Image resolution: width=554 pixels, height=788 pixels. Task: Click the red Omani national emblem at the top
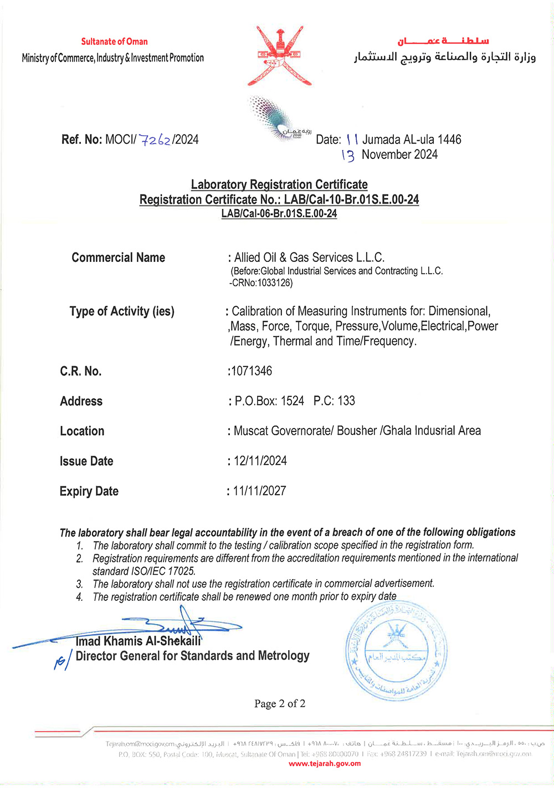(x=280, y=55)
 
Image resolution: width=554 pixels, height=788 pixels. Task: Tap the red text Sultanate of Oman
(x=114, y=42)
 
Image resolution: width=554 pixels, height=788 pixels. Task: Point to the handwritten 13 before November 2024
(x=348, y=156)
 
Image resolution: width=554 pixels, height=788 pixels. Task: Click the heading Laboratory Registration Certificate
(x=279, y=184)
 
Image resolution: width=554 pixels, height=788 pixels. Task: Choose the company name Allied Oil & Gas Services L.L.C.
(x=309, y=257)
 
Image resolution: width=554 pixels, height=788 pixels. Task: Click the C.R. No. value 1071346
(x=252, y=371)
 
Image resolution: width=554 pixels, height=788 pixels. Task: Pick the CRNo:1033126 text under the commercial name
(x=261, y=283)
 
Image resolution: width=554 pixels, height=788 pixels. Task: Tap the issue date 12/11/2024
(x=260, y=461)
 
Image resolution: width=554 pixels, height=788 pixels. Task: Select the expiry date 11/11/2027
(x=259, y=491)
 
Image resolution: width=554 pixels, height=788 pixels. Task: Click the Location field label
(x=82, y=431)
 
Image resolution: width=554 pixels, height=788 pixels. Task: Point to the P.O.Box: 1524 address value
(x=269, y=401)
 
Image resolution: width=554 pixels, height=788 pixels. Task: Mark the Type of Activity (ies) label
(x=122, y=311)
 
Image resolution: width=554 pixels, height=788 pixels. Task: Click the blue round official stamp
(x=397, y=652)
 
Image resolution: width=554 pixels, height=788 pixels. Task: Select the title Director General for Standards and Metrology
(x=192, y=656)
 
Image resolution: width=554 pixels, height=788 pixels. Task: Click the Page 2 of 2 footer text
(x=280, y=703)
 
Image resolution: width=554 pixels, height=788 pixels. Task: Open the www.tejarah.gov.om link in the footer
(x=325, y=764)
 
